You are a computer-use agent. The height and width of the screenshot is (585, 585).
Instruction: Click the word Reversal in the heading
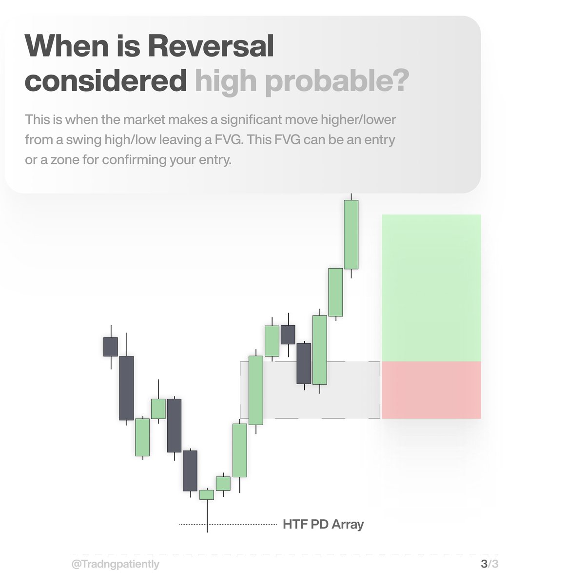pyautogui.click(x=211, y=47)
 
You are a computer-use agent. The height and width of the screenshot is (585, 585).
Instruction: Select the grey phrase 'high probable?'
pyautogui.click(x=302, y=81)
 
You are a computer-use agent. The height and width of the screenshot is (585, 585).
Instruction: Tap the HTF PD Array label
pyautogui.click(x=323, y=525)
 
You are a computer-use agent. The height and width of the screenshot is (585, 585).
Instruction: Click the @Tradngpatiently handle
pyautogui.click(x=115, y=565)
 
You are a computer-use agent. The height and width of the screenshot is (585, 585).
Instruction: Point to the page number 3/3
pyautogui.click(x=489, y=565)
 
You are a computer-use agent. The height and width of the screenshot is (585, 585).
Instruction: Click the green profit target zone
pyautogui.click(x=431, y=288)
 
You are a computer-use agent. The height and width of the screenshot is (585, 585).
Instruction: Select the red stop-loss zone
pyautogui.click(x=431, y=390)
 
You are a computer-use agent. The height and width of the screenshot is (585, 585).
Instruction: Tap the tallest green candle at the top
pyautogui.click(x=351, y=234)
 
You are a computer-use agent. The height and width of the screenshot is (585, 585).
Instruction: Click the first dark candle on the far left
pyautogui.click(x=111, y=347)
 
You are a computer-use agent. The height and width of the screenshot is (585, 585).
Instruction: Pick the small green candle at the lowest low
pyautogui.click(x=207, y=495)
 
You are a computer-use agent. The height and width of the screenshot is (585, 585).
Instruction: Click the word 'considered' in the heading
pyautogui.click(x=105, y=81)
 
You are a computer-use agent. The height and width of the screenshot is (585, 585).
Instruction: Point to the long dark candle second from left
pyautogui.click(x=127, y=388)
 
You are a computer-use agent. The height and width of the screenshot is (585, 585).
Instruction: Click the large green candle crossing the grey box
pyautogui.click(x=256, y=390)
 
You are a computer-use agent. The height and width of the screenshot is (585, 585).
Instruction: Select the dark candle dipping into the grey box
pyautogui.click(x=304, y=363)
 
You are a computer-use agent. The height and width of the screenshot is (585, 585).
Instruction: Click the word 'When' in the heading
pyautogui.click(x=66, y=47)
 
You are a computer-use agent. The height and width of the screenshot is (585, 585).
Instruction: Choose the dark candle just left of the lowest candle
pyautogui.click(x=190, y=470)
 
